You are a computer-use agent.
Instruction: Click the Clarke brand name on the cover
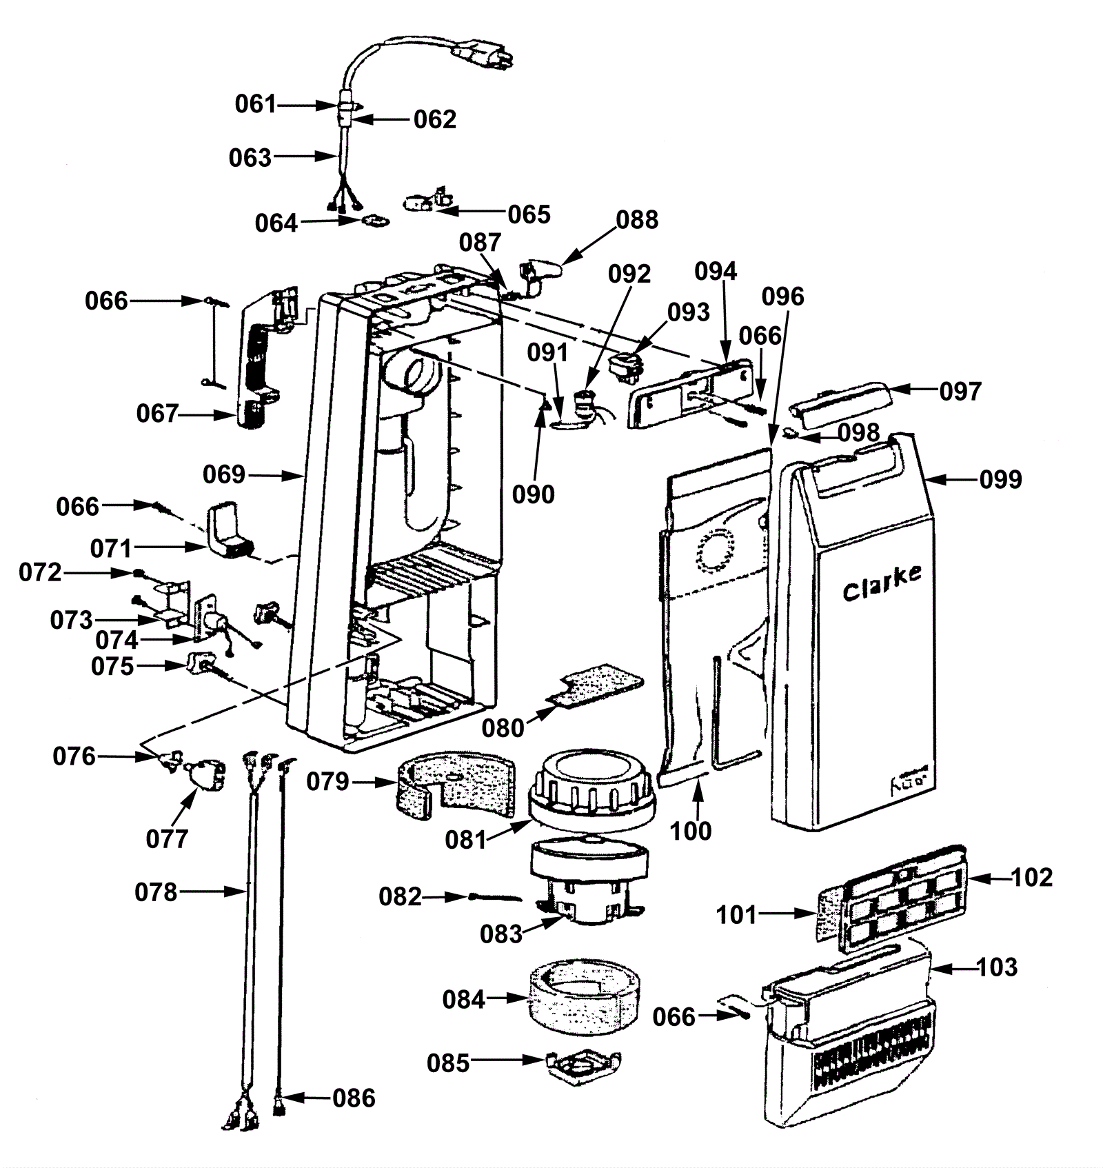coord(882,583)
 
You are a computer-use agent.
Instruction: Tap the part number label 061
coord(256,104)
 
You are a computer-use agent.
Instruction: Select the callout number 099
coord(1000,479)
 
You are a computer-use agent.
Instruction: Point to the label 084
coord(464,999)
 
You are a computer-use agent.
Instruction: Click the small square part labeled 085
coord(583,1065)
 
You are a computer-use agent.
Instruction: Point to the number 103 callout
coord(997,967)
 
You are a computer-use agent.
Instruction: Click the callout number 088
coord(637,220)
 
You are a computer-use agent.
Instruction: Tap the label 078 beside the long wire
coord(156,892)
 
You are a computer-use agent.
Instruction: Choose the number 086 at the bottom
coord(354,1098)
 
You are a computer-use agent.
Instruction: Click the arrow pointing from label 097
coord(913,390)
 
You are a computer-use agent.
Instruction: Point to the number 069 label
coord(224,474)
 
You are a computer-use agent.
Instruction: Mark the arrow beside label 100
coord(698,798)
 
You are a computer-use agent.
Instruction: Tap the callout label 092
coord(629,274)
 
